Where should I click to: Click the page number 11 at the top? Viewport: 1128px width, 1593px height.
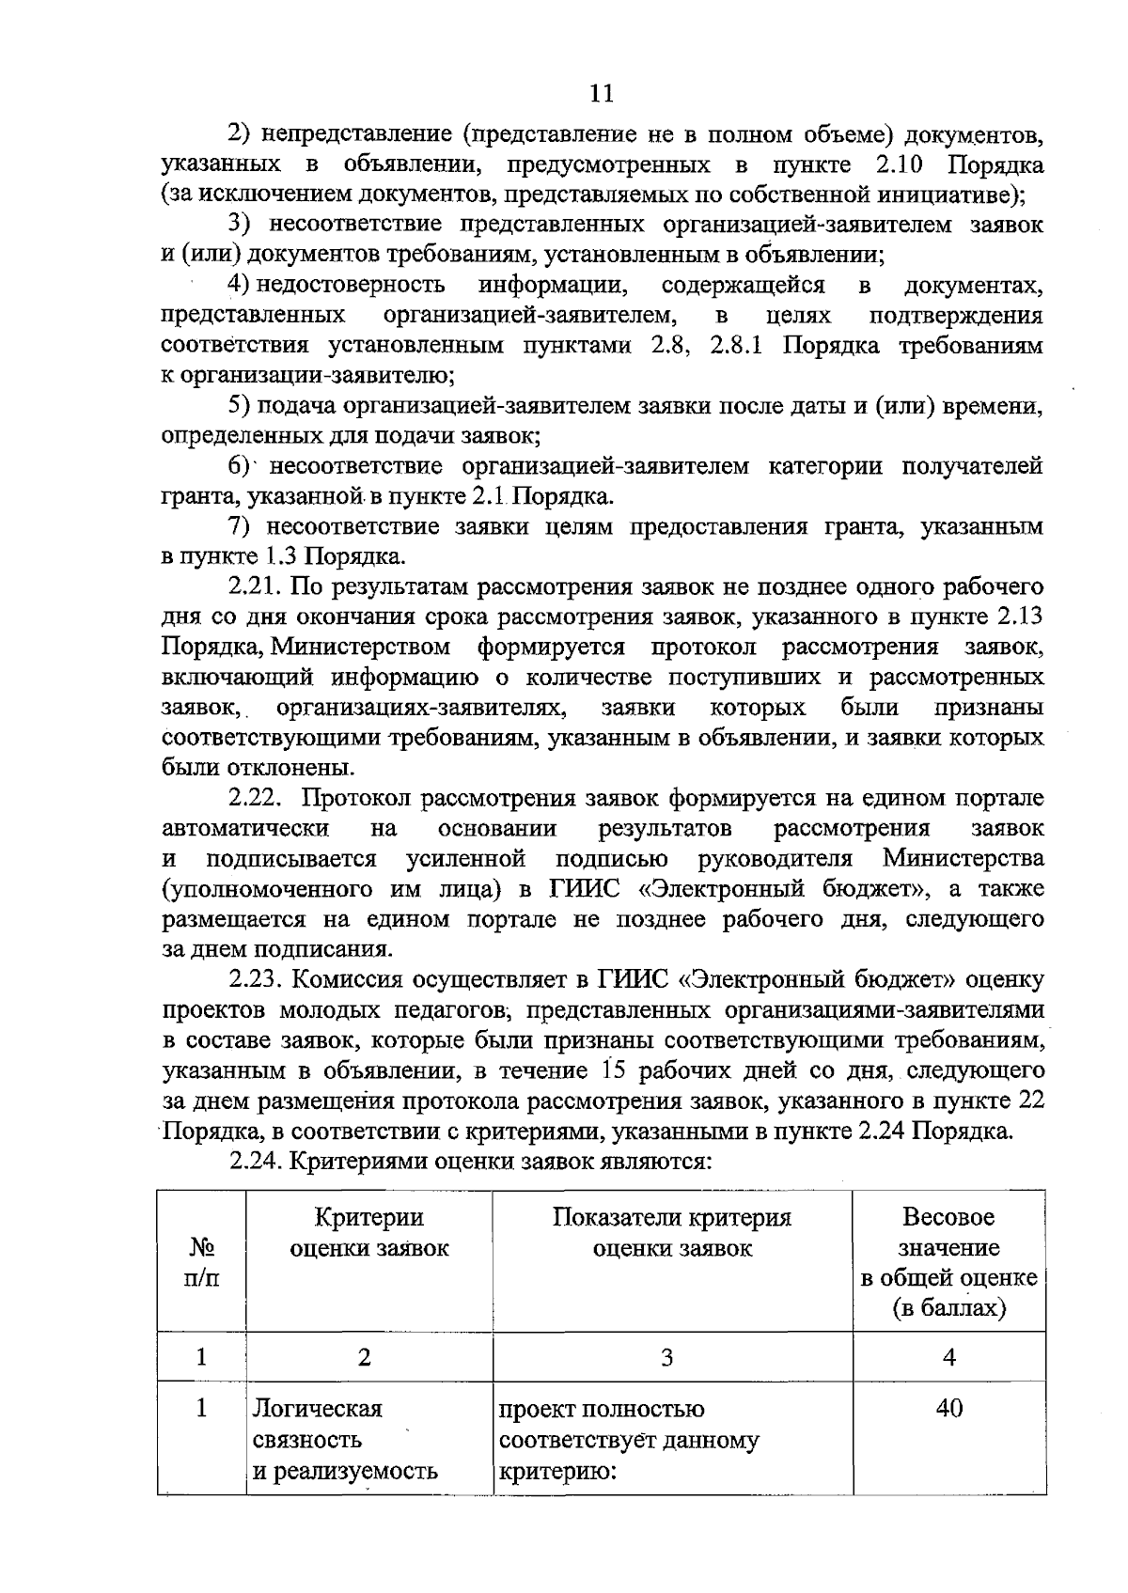pyautogui.click(x=601, y=92)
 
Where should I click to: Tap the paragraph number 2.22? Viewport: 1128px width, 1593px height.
pyautogui.click(x=256, y=798)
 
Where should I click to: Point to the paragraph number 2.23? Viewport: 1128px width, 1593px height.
pyautogui.click(x=256, y=980)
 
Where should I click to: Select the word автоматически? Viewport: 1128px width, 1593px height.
pyautogui.click(x=245, y=828)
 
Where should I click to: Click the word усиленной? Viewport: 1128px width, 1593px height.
pyautogui.click(x=465, y=859)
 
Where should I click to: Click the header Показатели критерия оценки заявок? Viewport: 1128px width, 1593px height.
pyautogui.click(x=671, y=1233)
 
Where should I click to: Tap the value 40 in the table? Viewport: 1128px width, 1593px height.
pyautogui.click(x=948, y=1409)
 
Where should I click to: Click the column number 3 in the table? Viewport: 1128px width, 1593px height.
pyautogui.click(x=666, y=1357)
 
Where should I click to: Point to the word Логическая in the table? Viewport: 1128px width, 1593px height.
pyautogui.click(x=317, y=1409)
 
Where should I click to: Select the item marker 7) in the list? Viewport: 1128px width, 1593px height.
pyautogui.click(x=243, y=526)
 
